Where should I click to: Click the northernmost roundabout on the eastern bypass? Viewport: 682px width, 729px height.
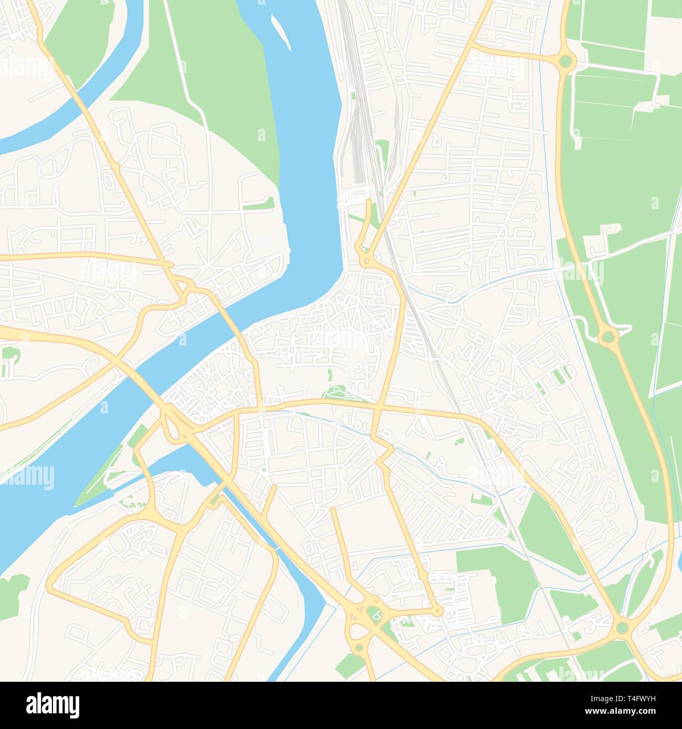pyautogui.click(x=565, y=61)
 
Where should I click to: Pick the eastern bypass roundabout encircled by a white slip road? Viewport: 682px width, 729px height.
pyautogui.click(x=608, y=335)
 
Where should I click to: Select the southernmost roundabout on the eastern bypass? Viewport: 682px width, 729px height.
pyautogui.click(x=623, y=626)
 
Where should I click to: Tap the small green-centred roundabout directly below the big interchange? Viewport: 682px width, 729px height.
pyautogui.click(x=359, y=648)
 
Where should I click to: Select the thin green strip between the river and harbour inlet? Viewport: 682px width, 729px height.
pyautogui.click(x=100, y=472)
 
